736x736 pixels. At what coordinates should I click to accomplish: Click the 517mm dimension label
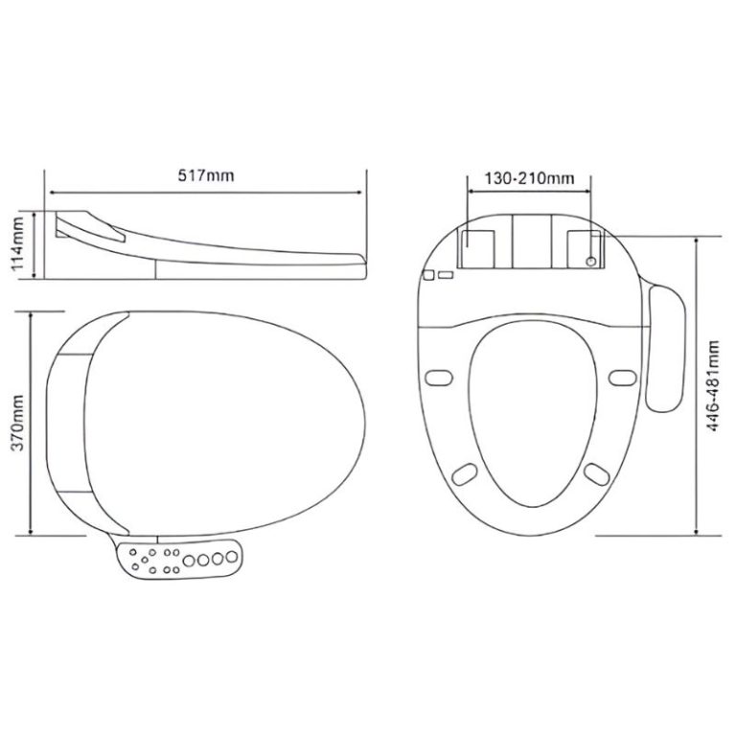[205, 175]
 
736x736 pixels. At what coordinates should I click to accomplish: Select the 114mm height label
[18, 243]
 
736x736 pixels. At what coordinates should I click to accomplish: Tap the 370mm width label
[18, 424]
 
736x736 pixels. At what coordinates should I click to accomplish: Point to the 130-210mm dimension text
[529, 178]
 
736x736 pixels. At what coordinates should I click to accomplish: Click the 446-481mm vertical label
[713, 386]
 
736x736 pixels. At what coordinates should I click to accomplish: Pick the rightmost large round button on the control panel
[231, 557]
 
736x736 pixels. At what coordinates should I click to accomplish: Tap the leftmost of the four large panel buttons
[189, 561]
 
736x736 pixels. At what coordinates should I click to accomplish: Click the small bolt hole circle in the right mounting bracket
[591, 261]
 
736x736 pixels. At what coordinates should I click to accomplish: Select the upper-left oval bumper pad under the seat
[438, 378]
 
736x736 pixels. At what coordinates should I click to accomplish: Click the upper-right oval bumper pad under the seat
[623, 378]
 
